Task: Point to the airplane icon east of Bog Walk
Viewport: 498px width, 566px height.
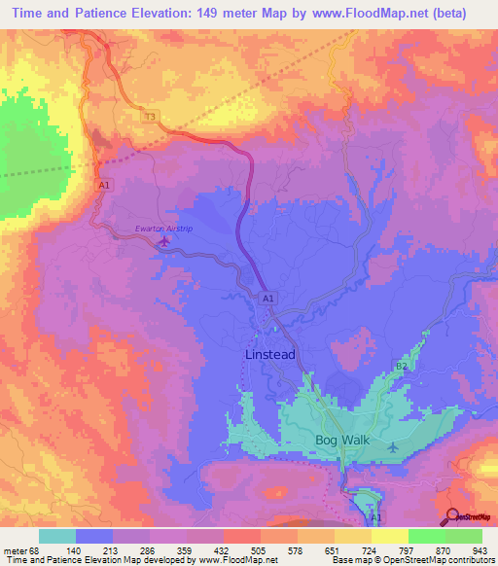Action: [x=392, y=447]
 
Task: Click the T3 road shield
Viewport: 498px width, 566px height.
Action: [x=150, y=117]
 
